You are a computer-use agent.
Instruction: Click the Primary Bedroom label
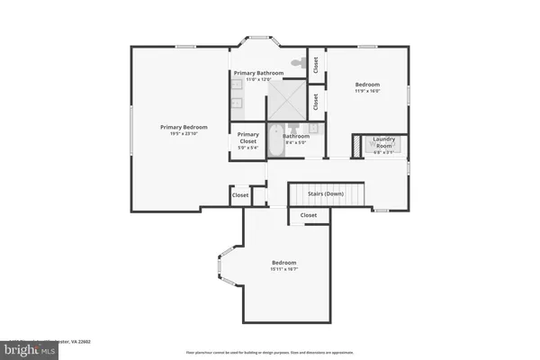tap(184, 127)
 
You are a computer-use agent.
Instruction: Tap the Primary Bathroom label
tap(259, 72)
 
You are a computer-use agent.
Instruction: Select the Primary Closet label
tap(247, 138)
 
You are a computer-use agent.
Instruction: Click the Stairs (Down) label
tap(326, 193)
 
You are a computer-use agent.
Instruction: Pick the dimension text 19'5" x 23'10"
tap(184, 135)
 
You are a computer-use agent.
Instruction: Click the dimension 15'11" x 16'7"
tap(283, 269)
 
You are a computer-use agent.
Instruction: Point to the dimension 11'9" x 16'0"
tap(367, 91)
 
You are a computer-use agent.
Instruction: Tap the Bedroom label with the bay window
tap(283, 262)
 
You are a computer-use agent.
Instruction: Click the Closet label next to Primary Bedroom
tap(240, 194)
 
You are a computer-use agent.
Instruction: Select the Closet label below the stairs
tap(309, 216)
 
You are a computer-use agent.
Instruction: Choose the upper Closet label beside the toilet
tap(316, 65)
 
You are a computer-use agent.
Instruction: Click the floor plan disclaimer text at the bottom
tap(271, 352)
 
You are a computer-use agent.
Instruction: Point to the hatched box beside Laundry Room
tap(356, 144)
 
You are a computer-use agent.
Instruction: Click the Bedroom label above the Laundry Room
tap(367, 84)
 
